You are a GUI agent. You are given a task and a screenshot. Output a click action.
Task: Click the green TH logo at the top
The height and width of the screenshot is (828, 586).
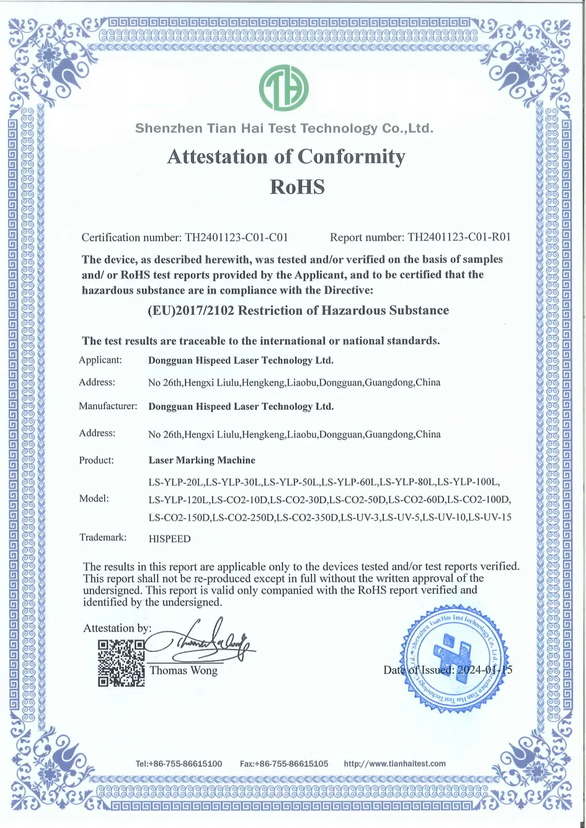pyautogui.click(x=283, y=88)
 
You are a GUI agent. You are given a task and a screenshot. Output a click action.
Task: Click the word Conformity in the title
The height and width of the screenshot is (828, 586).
pyautogui.click(x=351, y=157)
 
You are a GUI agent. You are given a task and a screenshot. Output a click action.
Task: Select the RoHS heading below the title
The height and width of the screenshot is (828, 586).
pyautogui.click(x=297, y=187)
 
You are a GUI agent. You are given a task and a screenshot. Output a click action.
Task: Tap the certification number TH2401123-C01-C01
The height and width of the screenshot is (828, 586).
pyautogui.click(x=236, y=237)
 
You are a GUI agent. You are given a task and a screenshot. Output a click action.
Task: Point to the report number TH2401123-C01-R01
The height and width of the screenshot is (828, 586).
pyautogui.click(x=459, y=237)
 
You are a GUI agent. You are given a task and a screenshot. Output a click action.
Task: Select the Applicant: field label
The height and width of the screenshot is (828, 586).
pyautogui.click(x=100, y=360)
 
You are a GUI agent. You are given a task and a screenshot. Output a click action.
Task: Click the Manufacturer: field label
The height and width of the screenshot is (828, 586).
pyautogui.click(x=108, y=407)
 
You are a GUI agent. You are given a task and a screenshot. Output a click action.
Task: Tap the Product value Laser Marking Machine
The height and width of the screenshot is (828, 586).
pyautogui.click(x=202, y=460)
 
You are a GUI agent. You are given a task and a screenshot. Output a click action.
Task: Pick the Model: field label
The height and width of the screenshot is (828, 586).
pyautogui.click(x=94, y=499)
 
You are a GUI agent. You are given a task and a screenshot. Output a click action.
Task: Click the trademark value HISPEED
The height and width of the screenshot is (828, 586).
pyautogui.click(x=169, y=539)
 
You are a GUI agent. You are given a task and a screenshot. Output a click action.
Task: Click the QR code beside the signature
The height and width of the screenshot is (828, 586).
pyautogui.click(x=122, y=663)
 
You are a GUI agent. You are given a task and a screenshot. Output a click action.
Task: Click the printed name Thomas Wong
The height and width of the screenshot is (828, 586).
pyautogui.click(x=184, y=670)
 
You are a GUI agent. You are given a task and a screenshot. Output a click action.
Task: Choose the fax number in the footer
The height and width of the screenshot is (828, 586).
pyautogui.click(x=284, y=764)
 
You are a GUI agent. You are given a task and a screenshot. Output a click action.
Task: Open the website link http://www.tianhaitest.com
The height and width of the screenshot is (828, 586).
pyautogui.click(x=394, y=764)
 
